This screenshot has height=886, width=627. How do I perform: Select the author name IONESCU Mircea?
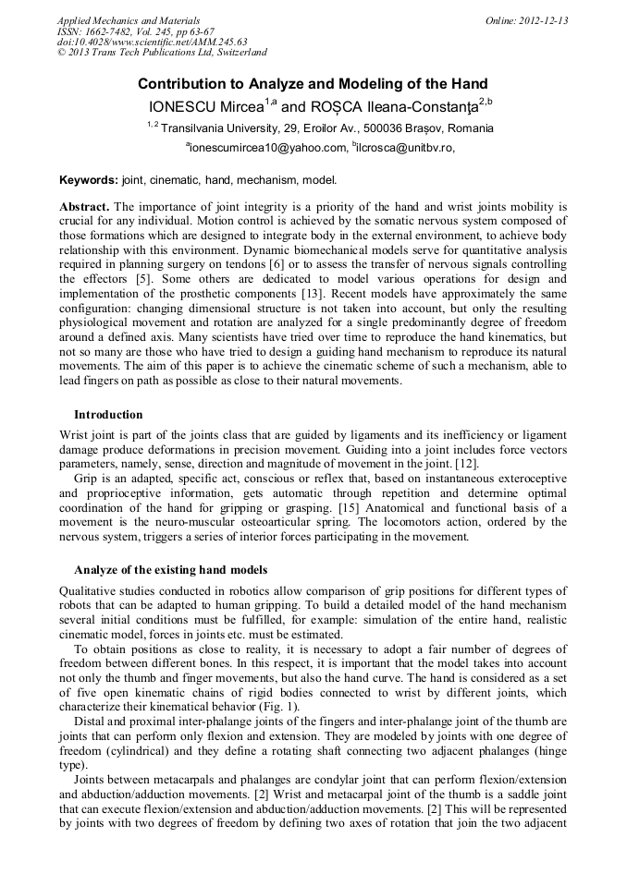[x=205, y=106]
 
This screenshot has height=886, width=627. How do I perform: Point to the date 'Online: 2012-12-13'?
[x=526, y=20]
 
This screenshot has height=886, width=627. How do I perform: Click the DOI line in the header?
[x=152, y=42]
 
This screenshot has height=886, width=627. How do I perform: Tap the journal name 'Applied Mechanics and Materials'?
[x=128, y=20]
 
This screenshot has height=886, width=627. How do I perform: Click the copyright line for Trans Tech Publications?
[x=162, y=53]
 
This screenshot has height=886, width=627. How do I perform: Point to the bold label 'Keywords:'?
[x=89, y=180]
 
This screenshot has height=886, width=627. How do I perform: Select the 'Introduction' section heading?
[x=108, y=415]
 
